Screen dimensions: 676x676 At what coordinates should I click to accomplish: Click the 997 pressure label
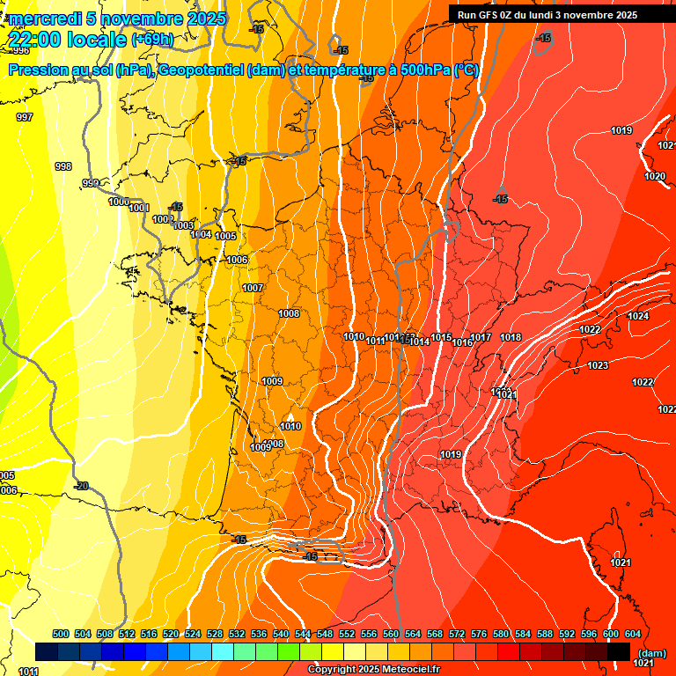point(25,117)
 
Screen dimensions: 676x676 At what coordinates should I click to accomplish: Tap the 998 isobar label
point(63,166)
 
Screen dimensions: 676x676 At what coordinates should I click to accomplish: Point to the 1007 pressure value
point(253,289)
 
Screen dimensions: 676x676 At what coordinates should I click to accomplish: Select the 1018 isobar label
point(511,338)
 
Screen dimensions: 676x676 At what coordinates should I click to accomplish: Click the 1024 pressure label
point(638,316)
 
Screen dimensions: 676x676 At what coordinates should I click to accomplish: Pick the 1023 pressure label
point(598,365)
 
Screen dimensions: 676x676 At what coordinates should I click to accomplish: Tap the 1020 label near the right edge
point(654,177)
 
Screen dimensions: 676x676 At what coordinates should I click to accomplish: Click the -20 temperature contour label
point(81,486)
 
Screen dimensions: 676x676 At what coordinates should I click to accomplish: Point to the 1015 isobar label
point(441,338)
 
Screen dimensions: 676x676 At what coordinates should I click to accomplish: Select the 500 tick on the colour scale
point(61,634)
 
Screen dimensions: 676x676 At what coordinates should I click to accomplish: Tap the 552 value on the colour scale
point(347,634)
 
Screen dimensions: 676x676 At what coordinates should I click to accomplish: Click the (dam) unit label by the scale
point(651,653)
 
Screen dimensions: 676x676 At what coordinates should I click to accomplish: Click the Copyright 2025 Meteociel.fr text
point(374,670)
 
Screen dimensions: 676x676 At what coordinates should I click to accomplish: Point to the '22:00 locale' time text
point(67,39)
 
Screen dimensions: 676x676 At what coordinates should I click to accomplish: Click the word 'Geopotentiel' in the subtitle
point(202,70)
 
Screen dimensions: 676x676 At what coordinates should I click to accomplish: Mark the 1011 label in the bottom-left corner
point(28,672)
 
